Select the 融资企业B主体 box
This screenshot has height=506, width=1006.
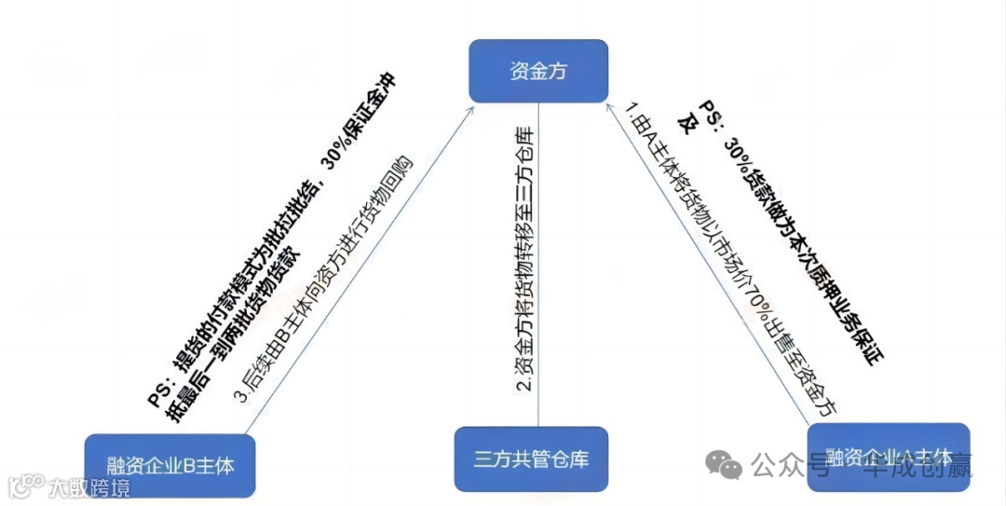click(x=170, y=464)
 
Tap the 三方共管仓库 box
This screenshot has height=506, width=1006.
click(x=531, y=458)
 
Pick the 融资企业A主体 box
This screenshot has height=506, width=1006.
click(x=888, y=456)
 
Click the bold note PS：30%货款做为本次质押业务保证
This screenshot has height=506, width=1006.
click(x=792, y=233)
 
